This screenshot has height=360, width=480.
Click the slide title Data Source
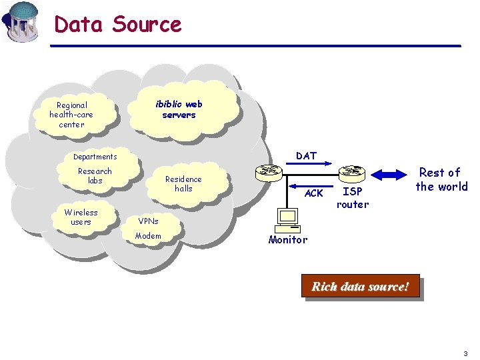pyautogui.click(x=117, y=24)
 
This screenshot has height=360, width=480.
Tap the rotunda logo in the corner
pyautogui.click(x=21, y=21)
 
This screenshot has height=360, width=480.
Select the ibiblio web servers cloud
pyautogui.click(x=179, y=109)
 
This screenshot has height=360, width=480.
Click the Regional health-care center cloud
pyautogui.click(x=71, y=115)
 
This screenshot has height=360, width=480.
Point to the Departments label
pyautogui.click(x=95, y=157)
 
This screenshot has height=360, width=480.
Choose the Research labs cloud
pyautogui.click(x=95, y=176)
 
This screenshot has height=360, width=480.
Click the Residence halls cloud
pyautogui.click(x=183, y=184)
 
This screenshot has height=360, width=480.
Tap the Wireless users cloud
pyautogui.click(x=81, y=217)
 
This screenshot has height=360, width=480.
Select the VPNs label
pyautogui.click(x=148, y=221)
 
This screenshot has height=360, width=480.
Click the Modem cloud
pyautogui.click(x=148, y=236)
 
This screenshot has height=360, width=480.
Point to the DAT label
pyautogui.click(x=306, y=156)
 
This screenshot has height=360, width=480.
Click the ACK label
pyautogui.click(x=313, y=193)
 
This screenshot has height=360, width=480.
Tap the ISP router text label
pyautogui.click(x=352, y=198)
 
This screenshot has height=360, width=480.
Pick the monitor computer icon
pyautogui.click(x=288, y=219)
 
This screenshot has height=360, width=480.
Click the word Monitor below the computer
pyautogui.click(x=288, y=240)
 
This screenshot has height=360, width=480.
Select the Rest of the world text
pyautogui.click(x=441, y=180)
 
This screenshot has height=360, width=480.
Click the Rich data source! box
pyautogui.click(x=360, y=287)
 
